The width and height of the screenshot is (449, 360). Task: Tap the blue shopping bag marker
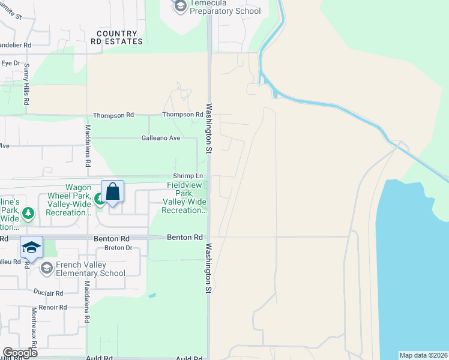click(x=112, y=192)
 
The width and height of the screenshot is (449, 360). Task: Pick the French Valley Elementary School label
click(x=91, y=269)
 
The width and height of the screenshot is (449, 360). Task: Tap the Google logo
click(x=20, y=353)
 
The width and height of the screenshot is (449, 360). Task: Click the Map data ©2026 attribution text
click(x=423, y=355)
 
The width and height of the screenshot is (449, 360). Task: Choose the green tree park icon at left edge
click(x=28, y=213)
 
